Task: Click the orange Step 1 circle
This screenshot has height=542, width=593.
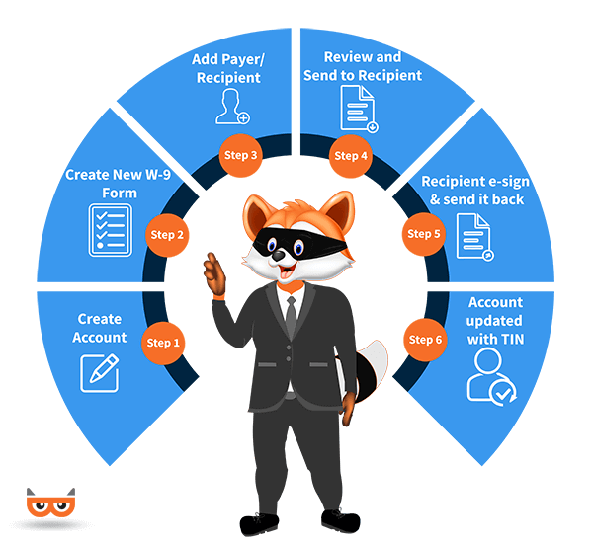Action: click(163, 343)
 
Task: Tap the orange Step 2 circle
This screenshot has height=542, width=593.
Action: click(167, 235)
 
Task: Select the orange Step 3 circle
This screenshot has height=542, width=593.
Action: click(240, 155)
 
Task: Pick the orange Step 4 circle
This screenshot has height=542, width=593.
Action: click(351, 156)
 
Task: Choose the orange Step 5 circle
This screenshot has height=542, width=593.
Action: click(424, 234)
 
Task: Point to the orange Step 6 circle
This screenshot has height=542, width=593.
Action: click(425, 340)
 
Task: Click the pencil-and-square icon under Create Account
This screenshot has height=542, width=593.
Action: click(100, 373)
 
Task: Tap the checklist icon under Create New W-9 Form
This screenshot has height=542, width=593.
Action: click(110, 230)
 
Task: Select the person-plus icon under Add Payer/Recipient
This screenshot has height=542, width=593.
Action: click(232, 107)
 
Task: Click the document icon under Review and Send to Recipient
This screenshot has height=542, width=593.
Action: click(360, 109)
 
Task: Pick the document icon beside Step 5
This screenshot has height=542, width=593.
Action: click(475, 237)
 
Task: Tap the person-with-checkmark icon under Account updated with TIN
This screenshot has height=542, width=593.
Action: click(491, 376)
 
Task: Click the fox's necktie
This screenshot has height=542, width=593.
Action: click(291, 316)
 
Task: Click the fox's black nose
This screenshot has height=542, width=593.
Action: click(278, 256)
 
